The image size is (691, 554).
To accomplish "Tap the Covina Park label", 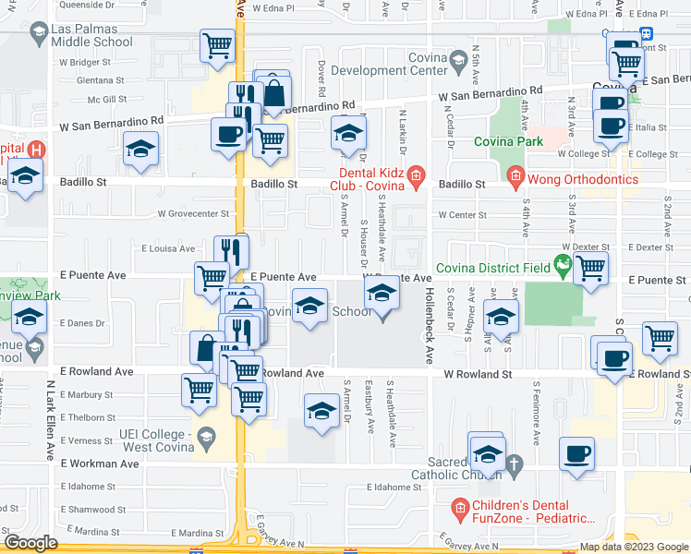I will (x=508, y=141).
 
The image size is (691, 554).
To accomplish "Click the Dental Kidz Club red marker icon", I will (x=416, y=174).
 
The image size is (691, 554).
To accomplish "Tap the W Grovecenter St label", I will (x=193, y=213).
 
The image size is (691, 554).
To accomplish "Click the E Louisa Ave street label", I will (x=168, y=248).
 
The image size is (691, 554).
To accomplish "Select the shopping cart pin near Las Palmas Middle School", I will (x=217, y=46).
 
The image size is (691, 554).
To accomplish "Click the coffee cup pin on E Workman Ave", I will (x=577, y=454).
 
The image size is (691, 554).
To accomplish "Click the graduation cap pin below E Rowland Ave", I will (x=321, y=410).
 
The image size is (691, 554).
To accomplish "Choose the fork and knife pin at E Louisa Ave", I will (x=231, y=251).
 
